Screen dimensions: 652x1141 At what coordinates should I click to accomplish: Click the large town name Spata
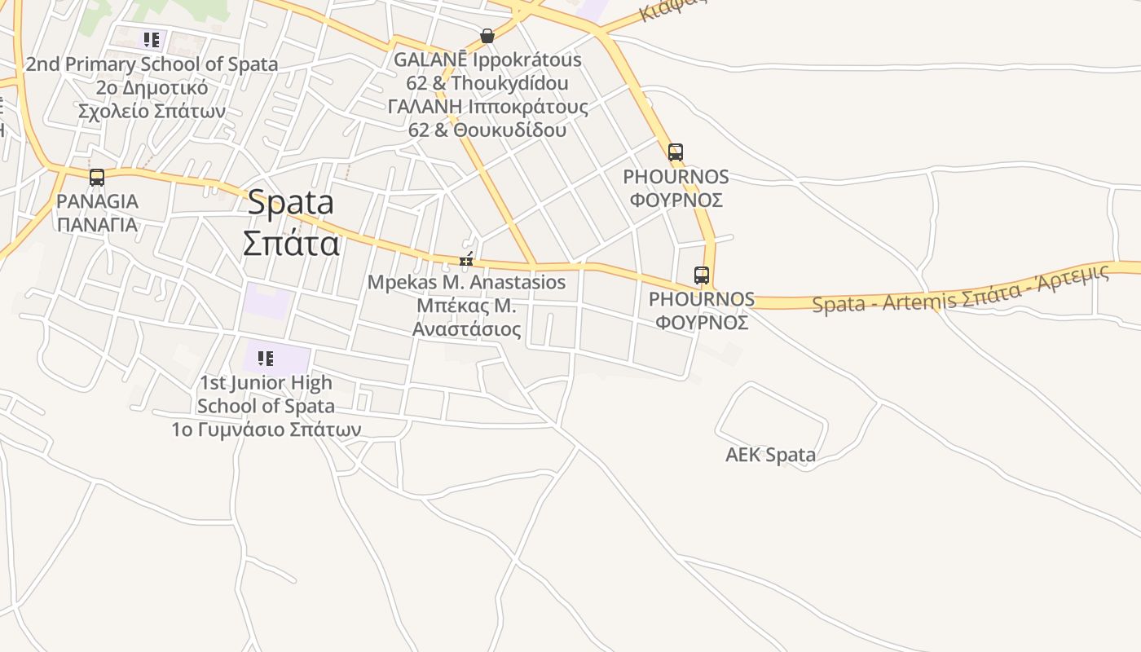(x=291, y=202)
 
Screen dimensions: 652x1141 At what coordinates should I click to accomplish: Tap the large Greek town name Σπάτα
(x=291, y=242)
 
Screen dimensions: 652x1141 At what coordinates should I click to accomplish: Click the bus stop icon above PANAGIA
(x=97, y=177)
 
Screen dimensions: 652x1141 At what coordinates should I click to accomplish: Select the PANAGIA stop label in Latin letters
(x=97, y=200)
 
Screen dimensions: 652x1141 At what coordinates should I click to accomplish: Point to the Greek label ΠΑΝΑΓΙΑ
(x=97, y=224)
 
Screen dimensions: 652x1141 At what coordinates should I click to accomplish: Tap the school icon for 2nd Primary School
(x=151, y=39)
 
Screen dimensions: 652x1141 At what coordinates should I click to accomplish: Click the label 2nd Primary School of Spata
(x=152, y=64)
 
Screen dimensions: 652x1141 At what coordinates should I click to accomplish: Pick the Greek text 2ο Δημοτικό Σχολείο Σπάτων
(x=152, y=99)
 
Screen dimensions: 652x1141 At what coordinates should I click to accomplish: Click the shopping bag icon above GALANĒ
(x=487, y=36)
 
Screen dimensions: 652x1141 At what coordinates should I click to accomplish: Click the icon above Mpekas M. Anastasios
(x=466, y=260)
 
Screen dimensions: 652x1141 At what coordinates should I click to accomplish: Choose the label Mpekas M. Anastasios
(x=466, y=282)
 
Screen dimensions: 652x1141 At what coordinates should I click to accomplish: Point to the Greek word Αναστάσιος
(x=466, y=329)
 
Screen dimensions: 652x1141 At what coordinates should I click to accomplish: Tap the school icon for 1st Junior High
(x=266, y=358)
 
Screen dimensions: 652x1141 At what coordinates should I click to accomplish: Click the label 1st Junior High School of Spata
(x=266, y=394)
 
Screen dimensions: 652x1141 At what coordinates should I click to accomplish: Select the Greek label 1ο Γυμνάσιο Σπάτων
(x=266, y=429)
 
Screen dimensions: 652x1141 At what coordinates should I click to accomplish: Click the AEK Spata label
(x=770, y=455)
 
